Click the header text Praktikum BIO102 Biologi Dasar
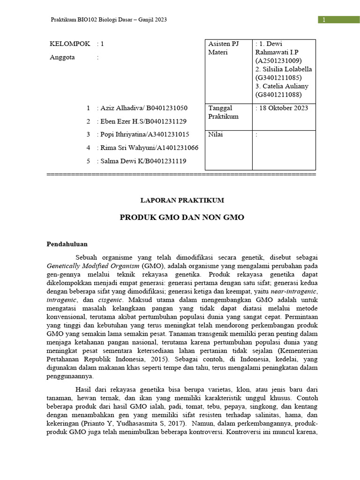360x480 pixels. click(x=108, y=20)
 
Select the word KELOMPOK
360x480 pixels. click(x=69, y=44)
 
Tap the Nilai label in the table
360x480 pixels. click(x=216, y=135)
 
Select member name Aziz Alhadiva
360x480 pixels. click(x=123, y=108)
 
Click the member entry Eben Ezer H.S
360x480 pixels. click(x=124, y=121)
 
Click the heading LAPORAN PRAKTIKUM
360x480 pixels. click(x=182, y=200)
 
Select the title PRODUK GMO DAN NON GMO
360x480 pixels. click(x=182, y=218)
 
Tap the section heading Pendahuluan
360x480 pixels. click(x=67, y=244)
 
